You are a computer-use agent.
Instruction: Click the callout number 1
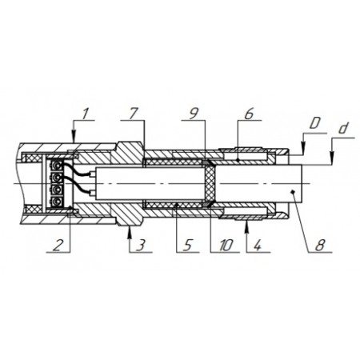(85, 114)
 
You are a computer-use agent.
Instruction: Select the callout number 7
(133, 114)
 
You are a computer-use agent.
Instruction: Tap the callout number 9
(194, 114)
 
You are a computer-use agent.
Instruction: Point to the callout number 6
(249, 114)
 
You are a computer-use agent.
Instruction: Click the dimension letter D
(314, 123)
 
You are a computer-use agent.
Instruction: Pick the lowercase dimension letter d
(343, 129)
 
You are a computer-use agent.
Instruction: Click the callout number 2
(57, 246)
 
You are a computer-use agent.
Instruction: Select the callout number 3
(141, 246)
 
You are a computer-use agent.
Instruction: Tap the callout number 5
(188, 246)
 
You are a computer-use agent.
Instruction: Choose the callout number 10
(226, 246)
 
